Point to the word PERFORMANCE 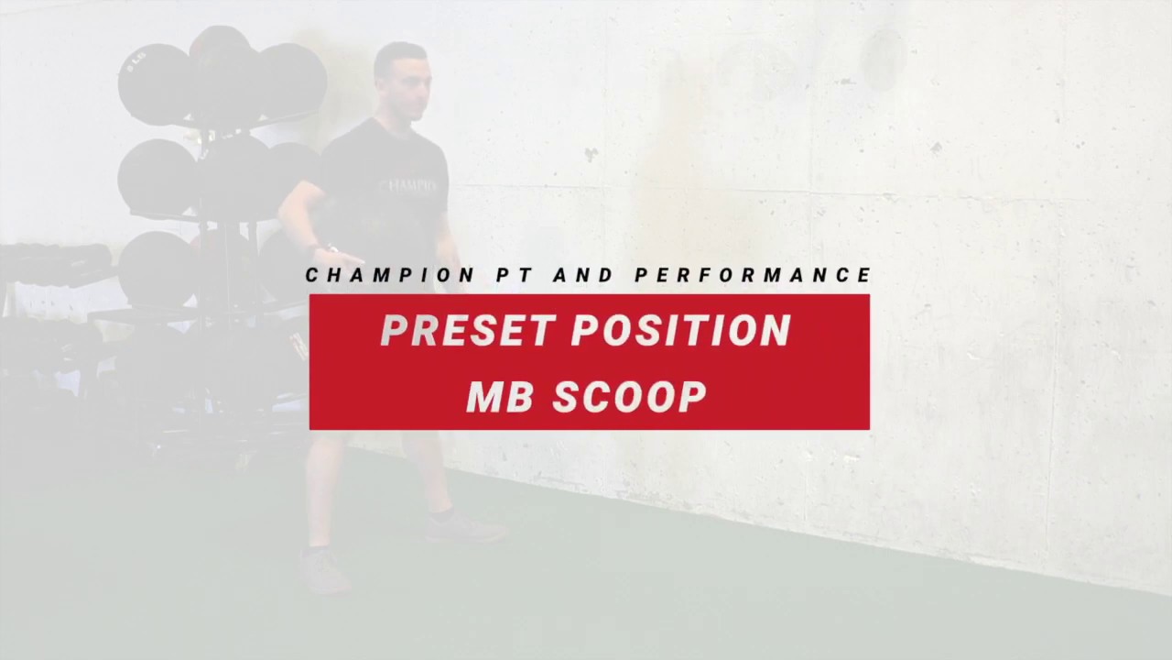click(x=753, y=275)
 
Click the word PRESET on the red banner click(x=468, y=331)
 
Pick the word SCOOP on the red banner click(x=629, y=397)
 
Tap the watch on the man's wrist click(x=320, y=248)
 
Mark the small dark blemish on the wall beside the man click(x=591, y=155)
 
